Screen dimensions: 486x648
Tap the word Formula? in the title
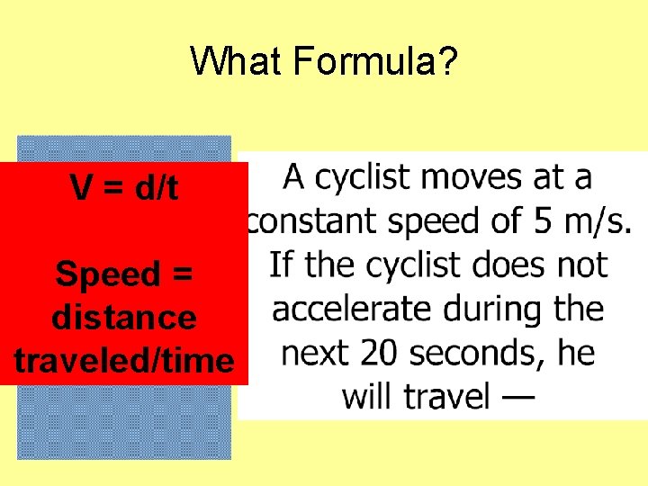pyautogui.click(x=375, y=62)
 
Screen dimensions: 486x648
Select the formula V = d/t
pyautogui.click(x=124, y=189)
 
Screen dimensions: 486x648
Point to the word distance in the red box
pyautogui.click(x=124, y=318)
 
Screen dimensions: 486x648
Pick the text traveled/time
pyautogui.click(x=124, y=361)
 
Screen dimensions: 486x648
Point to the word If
pyautogui.click(x=282, y=265)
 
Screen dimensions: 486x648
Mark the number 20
pyautogui.click(x=375, y=354)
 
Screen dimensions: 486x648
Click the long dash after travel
pyautogui.click(x=517, y=397)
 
